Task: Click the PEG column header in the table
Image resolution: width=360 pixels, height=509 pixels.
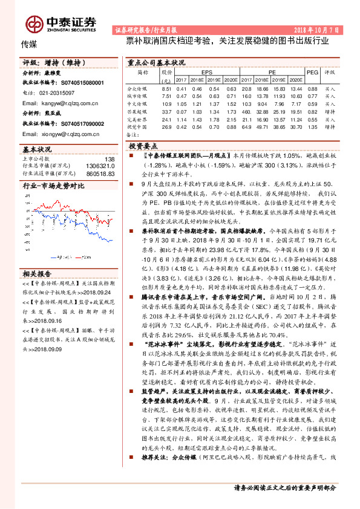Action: (312, 72)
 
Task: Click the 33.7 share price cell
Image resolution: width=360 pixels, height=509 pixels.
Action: (167, 112)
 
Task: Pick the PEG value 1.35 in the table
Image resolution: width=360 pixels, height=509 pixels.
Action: (312, 128)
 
